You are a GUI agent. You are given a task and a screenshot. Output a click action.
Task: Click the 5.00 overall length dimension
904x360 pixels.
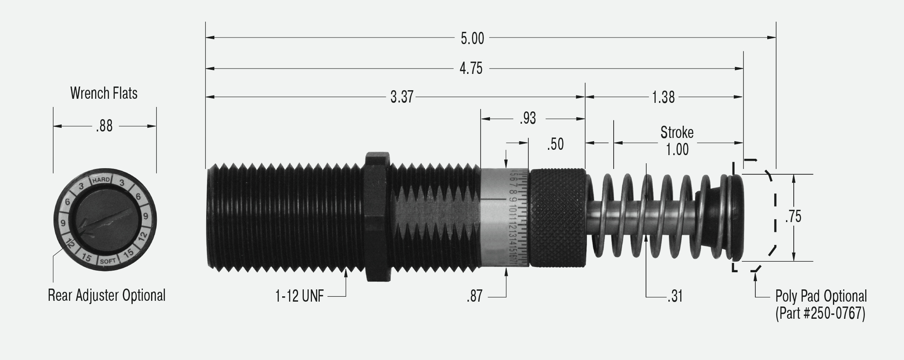(472, 38)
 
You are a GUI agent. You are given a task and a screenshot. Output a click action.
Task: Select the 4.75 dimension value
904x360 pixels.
(471, 68)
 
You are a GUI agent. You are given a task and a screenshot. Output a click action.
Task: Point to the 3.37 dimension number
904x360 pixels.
(402, 97)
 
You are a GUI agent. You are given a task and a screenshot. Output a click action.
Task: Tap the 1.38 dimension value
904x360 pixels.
(663, 97)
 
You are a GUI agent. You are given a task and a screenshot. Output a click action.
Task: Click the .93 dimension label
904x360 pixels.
(528, 118)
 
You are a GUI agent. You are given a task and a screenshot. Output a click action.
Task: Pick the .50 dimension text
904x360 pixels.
(555, 144)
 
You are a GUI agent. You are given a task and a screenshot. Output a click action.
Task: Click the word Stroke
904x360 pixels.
(677, 132)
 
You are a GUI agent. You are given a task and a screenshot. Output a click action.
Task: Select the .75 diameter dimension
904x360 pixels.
(793, 217)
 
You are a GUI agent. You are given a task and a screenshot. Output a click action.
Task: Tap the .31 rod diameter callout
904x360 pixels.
(675, 296)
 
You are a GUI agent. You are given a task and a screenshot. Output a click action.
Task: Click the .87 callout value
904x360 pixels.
(474, 296)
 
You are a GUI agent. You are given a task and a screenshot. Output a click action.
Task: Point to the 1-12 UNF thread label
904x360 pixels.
(299, 296)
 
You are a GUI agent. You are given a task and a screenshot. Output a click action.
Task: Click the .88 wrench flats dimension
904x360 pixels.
(104, 126)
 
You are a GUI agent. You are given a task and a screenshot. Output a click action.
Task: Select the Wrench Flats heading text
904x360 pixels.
(104, 93)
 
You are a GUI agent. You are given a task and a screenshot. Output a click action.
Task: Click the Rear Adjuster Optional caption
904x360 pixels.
(107, 295)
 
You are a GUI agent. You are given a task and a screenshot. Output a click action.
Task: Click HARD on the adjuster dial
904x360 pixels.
(101, 180)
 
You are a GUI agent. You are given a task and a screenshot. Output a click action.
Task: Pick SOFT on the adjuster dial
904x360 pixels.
(107, 260)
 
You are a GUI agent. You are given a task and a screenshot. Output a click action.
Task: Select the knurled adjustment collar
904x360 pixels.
(557, 217)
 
